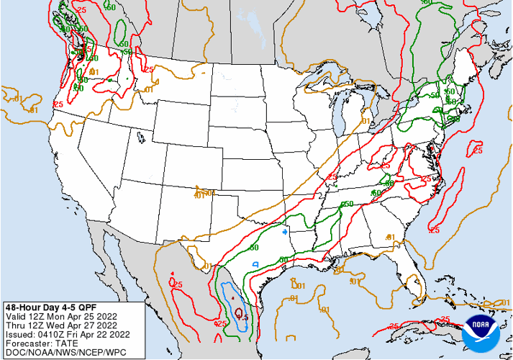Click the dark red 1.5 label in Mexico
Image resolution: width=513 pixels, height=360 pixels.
tap(242, 317)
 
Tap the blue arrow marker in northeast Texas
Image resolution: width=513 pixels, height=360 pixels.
tap(285, 232)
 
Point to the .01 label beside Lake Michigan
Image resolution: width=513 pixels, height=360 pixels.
tap(365, 121)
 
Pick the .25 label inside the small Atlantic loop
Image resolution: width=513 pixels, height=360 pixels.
tap(477, 150)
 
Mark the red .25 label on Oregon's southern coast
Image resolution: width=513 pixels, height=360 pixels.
tap(58, 104)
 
